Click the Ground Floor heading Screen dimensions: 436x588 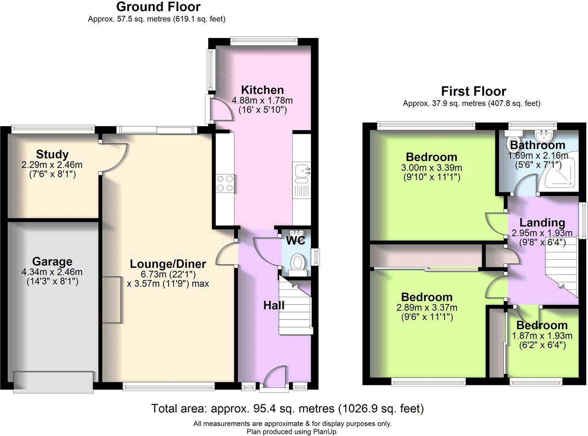pos(158,7)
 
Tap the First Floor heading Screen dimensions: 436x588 pos(473,91)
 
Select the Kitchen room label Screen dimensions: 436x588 pos(262,90)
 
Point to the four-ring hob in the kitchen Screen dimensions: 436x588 pos(225,183)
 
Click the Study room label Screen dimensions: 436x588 pos(52,154)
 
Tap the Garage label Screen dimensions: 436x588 pos(52,261)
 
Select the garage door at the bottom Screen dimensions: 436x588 pos(53,382)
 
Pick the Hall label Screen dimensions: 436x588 pos(274,305)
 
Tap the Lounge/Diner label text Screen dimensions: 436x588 pos(168,264)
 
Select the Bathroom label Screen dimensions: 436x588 pos(537,145)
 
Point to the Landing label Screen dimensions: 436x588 pos(542,222)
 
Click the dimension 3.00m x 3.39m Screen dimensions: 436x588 pos(431,168)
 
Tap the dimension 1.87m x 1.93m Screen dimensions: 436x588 pos(542,336)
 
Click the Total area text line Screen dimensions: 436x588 pos(288,408)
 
